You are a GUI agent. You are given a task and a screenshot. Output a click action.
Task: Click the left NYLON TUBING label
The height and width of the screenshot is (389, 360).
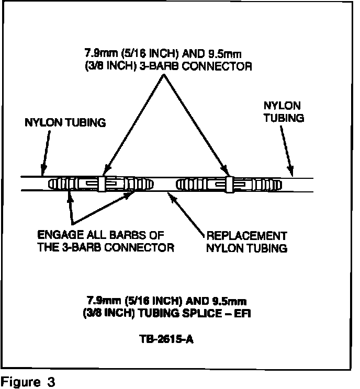65,122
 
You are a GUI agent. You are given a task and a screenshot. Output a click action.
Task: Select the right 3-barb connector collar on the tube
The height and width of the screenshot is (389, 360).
229,184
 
